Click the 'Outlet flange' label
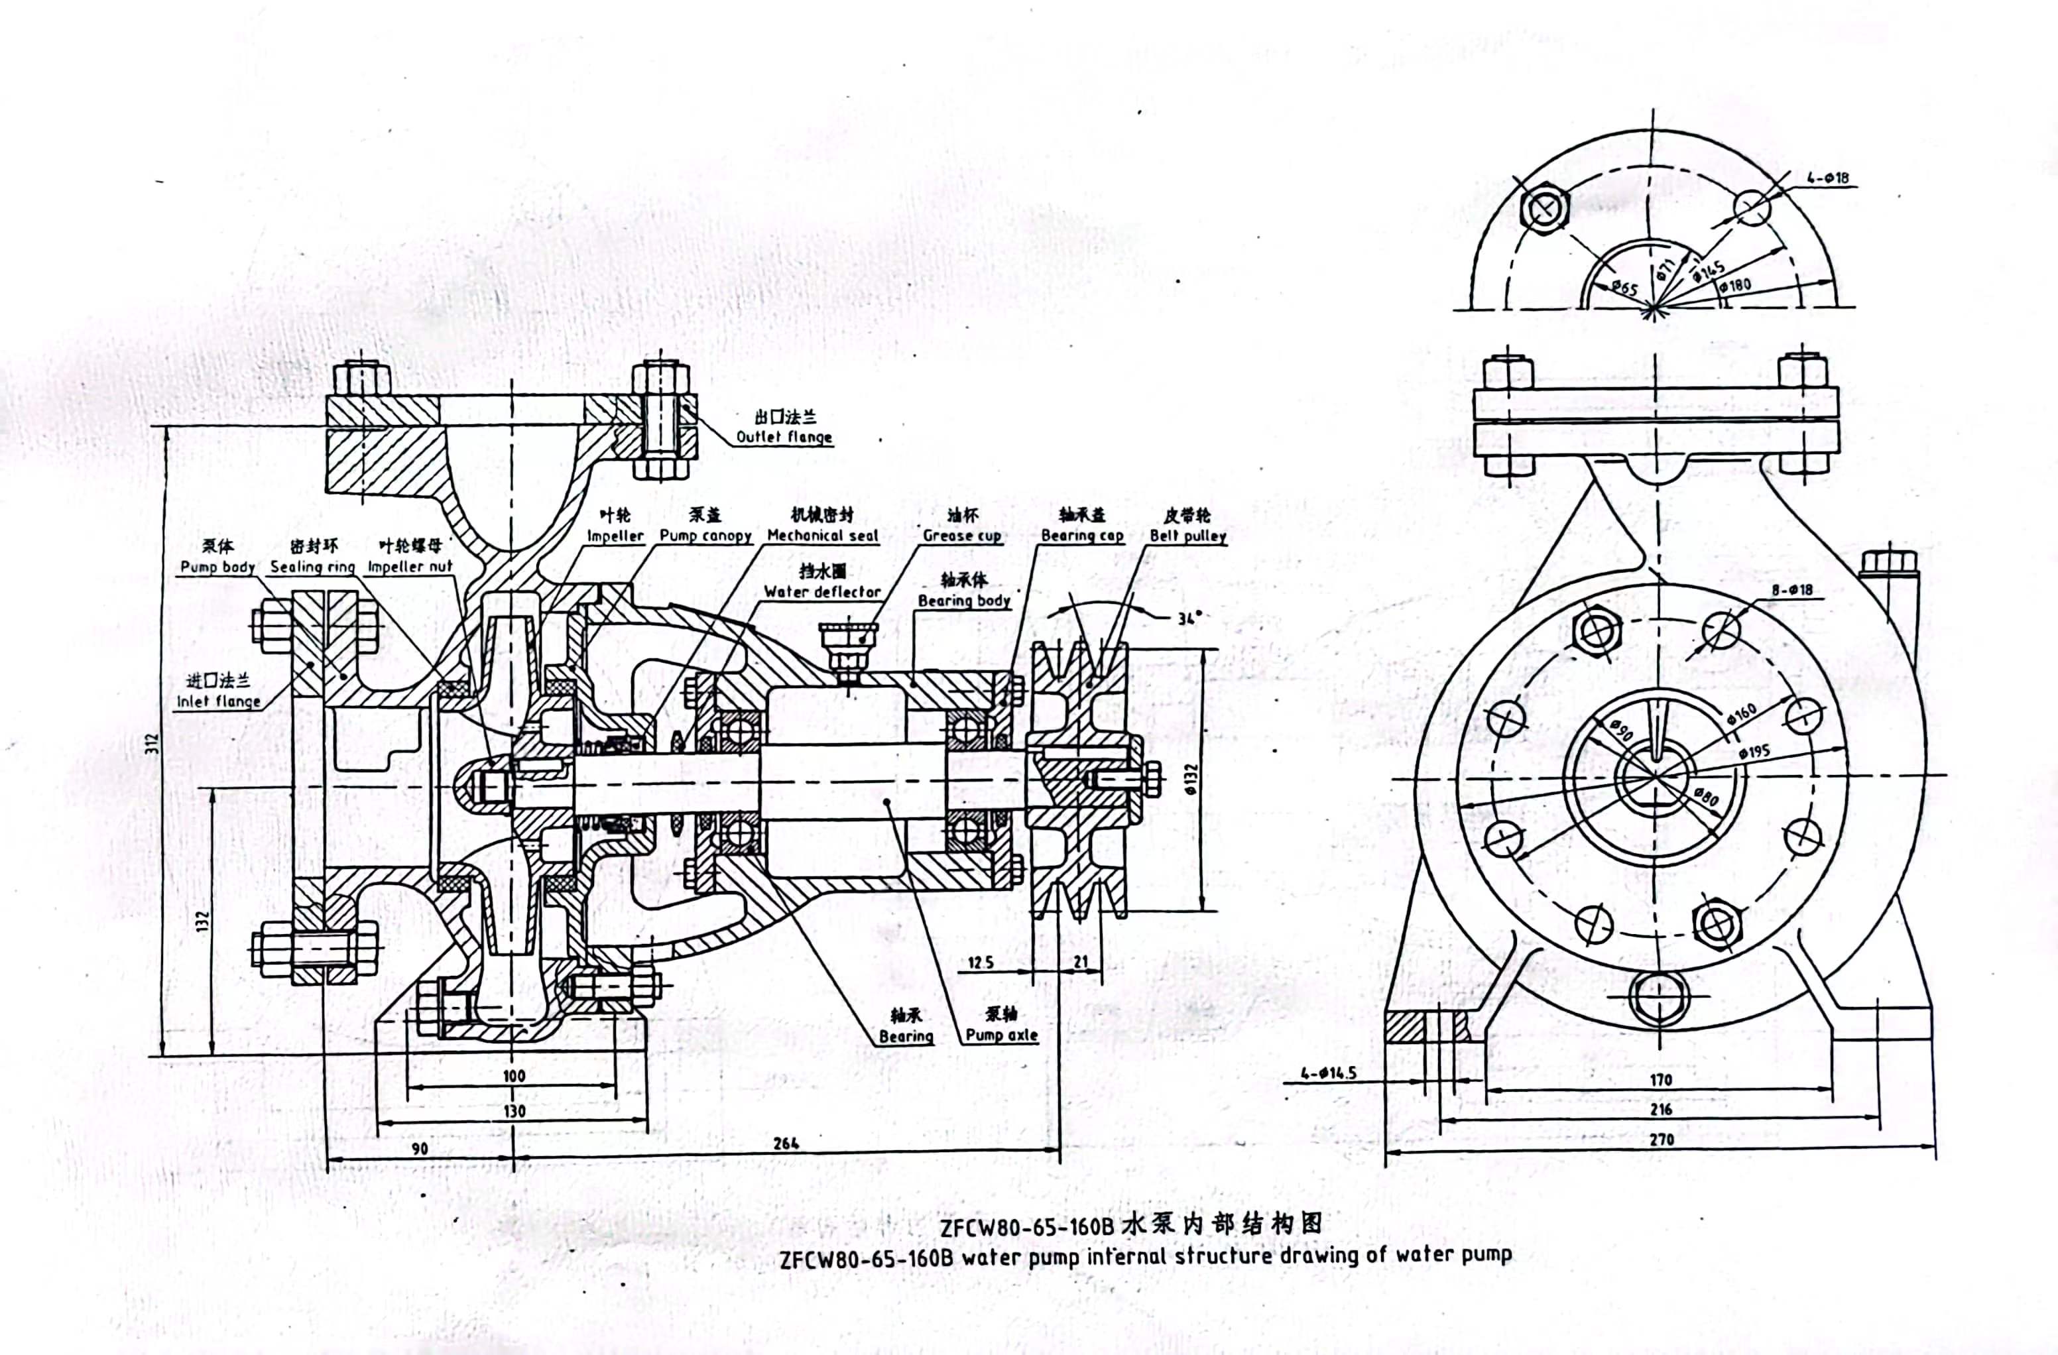(784, 437)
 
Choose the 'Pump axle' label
(1001, 1034)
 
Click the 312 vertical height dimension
(152, 742)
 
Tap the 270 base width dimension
(1660, 1139)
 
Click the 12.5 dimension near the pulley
(980, 961)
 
